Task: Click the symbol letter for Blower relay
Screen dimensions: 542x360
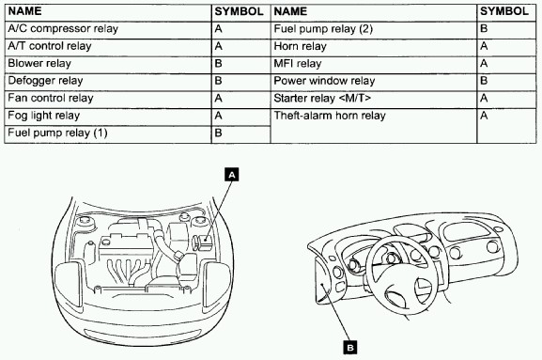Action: click(218, 64)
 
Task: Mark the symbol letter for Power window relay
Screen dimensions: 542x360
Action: click(484, 81)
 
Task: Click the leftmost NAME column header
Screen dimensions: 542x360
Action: click(24, 11)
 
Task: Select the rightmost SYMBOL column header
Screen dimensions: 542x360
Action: click(504, 11)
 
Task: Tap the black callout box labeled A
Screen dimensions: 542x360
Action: click(232, 175)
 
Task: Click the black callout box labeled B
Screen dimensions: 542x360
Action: click(350, 347)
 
